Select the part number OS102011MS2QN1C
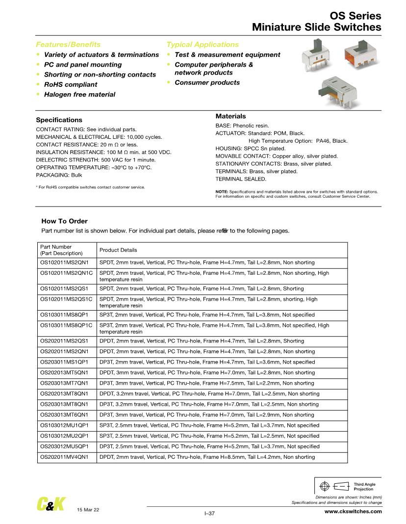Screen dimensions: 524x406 click(x=67, y=273)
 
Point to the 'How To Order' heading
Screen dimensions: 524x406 click(x=65, y=221)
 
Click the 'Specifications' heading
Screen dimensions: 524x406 click(x=59, y=120)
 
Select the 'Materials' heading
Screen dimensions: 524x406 click(x=230, y=116)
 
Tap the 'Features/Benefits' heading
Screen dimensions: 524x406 click(x=68, y=44)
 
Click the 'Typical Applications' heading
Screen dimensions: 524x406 click(x=203, y=44)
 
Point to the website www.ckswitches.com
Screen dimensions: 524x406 click(x=353, y=511)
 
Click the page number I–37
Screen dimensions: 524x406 click(x=209, y=514)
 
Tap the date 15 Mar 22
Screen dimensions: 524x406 click(x=88, y=510)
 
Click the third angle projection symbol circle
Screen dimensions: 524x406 click(x=324, y=487)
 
